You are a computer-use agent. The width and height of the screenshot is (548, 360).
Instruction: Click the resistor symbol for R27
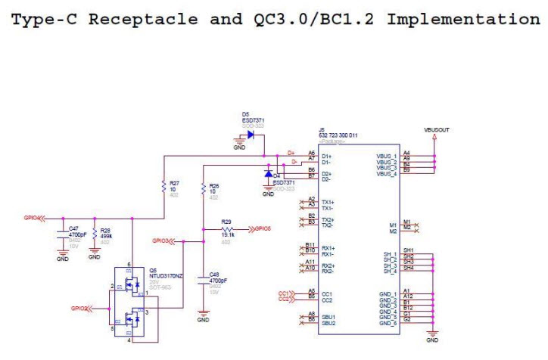tap(163, 186)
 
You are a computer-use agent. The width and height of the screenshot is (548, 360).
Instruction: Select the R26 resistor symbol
tap(203, 187)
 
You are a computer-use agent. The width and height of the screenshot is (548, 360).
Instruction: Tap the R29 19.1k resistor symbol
tap(226, 228)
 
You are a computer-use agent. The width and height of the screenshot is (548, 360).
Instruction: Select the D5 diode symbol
tap(251, 135)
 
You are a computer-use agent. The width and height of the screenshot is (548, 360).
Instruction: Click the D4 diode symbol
tap(267, 173)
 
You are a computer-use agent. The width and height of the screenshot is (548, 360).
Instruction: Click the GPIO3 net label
tap(160, 241)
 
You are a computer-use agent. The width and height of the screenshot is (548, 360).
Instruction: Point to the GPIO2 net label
tap(79, 308)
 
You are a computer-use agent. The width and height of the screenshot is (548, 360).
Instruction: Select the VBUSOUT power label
tap(437, 129)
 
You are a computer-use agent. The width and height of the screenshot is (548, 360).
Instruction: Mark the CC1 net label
tap(284, 292)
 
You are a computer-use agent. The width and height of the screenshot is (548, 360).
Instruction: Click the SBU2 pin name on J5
tap(328, 323)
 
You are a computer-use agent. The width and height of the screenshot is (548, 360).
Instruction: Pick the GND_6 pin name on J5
tap(388, 323)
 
